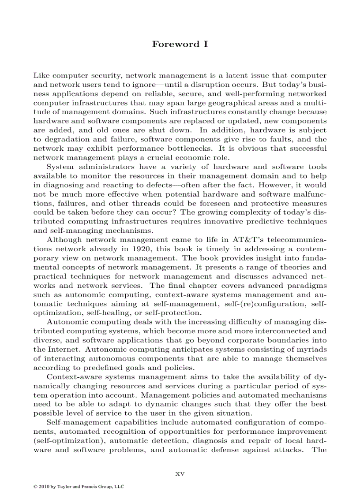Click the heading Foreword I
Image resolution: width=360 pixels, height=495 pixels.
tap(180, 44)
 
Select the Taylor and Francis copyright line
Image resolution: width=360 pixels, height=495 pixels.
tap(79, 487)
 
